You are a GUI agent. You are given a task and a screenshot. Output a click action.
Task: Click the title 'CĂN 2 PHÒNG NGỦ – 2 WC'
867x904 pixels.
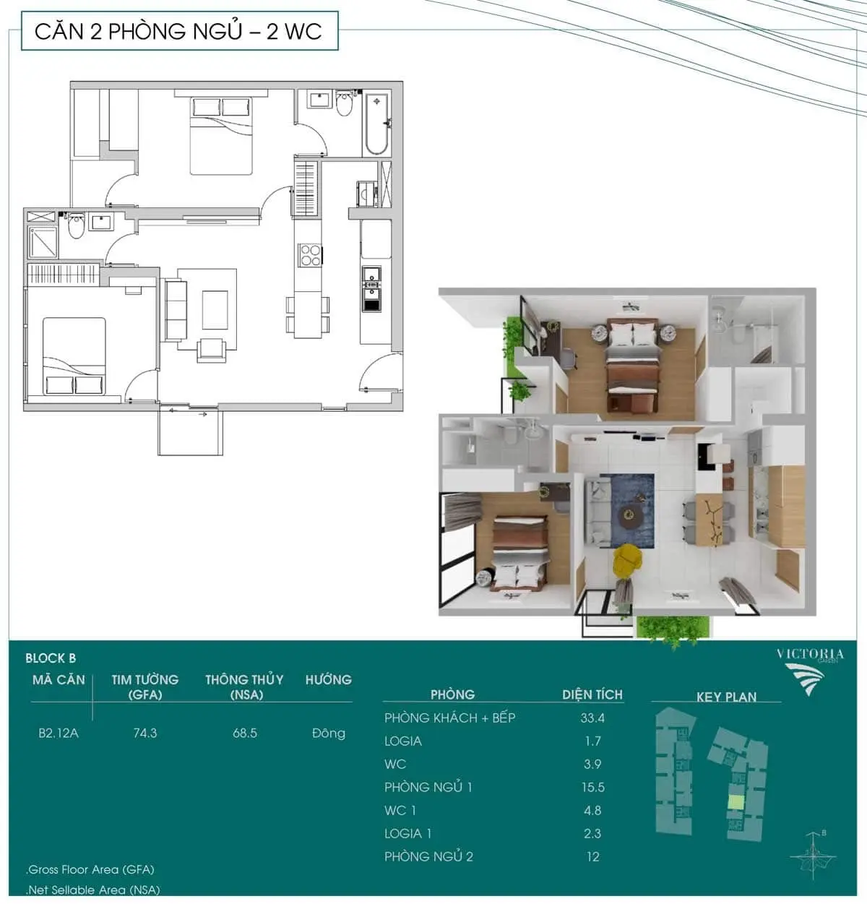tap(178, 31)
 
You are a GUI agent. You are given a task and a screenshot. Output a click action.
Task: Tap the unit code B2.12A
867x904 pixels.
tap(59, 733)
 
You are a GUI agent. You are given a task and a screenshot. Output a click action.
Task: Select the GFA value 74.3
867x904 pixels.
tap(145, 733)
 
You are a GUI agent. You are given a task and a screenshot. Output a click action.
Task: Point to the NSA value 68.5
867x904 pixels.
tap(245, 733)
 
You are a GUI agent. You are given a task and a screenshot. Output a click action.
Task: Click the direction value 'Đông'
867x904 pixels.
tap(329, 733)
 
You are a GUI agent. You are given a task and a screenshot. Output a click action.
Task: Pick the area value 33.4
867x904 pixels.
tap(592, 718)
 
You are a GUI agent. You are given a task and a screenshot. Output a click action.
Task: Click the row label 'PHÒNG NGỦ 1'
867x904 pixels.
tap(428, 788)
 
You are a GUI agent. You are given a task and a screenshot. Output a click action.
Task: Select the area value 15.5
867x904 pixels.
tap(593, 788)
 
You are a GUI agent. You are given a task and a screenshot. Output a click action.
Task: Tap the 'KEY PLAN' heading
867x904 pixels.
tap(726, 697)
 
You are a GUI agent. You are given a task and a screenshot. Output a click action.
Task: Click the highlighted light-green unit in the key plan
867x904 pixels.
tap(736, 802)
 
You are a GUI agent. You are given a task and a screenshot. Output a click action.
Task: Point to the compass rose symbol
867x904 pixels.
tap(813, 856)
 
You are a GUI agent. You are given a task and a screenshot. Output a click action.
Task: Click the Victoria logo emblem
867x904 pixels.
tap(804, 679)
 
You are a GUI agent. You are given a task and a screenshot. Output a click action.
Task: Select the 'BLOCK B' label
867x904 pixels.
tap(51, 658)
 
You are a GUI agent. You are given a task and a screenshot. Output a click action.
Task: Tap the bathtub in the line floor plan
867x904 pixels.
tap(376, 124)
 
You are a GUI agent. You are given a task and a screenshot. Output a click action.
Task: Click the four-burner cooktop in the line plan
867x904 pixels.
tap(310, 255)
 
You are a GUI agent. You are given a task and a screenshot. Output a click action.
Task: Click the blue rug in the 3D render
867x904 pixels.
tap(627, 510)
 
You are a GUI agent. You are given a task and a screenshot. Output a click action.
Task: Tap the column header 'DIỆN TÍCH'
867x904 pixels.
tap(592, 694)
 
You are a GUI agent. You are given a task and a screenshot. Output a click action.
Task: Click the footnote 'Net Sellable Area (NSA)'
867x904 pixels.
tap(94, 890)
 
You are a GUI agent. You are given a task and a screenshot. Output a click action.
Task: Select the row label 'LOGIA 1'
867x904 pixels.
tap(407, 833)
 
